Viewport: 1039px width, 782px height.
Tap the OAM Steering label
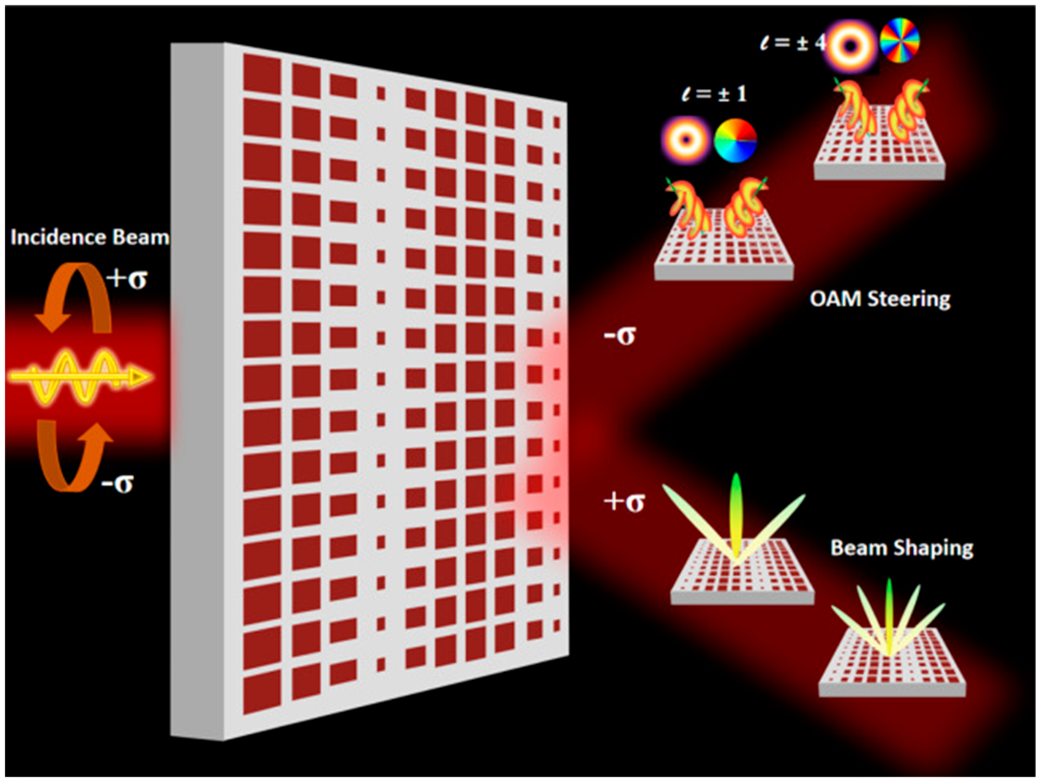[x=880, y=299]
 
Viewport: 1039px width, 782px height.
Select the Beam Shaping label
[x=901, y=548]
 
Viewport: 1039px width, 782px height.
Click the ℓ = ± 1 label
[x=714, y=94]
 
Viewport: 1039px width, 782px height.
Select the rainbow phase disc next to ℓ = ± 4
[x=899, y=40]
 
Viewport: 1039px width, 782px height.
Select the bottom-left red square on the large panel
[x=262, y=692]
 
